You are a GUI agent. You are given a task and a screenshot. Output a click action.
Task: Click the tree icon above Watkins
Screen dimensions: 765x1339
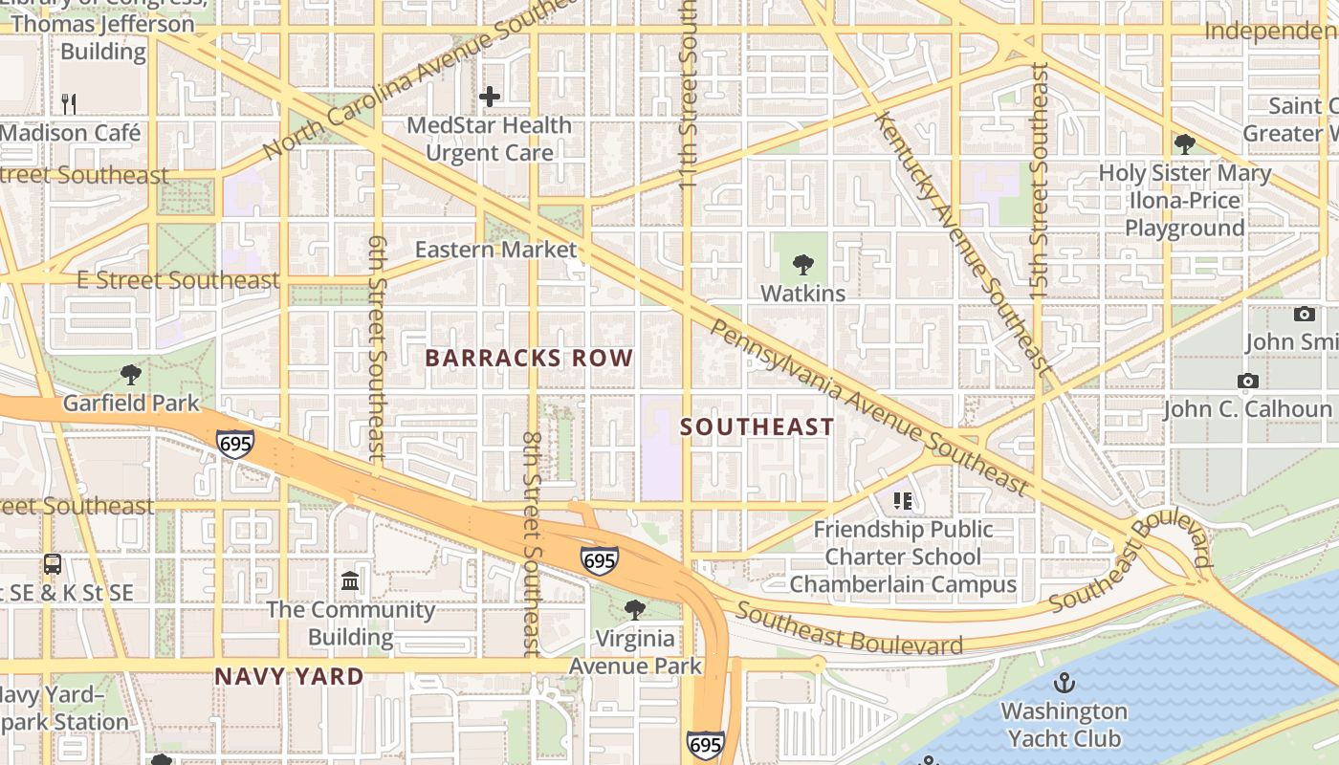coord(803,265)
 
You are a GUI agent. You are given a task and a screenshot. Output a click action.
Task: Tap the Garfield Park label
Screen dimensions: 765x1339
coord(131,403)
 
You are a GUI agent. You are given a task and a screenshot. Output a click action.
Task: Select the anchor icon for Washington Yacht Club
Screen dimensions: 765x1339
coord(1064,683)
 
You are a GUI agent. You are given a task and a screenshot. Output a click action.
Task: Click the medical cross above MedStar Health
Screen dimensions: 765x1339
coord(490,97)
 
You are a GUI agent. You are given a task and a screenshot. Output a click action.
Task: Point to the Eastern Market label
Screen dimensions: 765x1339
coord(495,250)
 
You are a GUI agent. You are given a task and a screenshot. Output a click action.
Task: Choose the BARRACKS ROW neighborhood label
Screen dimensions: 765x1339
coord(529,359)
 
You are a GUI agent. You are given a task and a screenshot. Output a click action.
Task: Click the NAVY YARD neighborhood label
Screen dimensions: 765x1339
coord(289,677)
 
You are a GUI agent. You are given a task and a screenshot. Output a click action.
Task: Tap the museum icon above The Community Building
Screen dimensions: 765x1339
coord(350,581)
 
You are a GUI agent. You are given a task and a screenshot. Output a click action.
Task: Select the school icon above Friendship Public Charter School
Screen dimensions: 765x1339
coord(902,500)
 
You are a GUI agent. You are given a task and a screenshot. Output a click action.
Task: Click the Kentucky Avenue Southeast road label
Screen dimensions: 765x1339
coord(962,243)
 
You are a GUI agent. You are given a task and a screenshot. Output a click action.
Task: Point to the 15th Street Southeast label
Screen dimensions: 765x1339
coord(1040,182)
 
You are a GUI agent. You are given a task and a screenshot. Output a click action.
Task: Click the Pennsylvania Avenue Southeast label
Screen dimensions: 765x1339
coord(868,406)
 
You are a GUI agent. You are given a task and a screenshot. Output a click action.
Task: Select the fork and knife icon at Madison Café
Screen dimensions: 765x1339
coord(68,103)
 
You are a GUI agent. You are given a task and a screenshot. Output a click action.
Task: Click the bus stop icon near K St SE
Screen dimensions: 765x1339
coord(53,564)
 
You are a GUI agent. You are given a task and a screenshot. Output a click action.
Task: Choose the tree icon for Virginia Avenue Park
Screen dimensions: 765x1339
coord(634,609)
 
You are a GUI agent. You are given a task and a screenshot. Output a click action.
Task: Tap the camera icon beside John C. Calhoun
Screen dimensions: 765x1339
coord(1247,382)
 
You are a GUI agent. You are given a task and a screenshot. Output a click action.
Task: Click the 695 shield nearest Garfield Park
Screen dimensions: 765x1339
coord(234,444)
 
